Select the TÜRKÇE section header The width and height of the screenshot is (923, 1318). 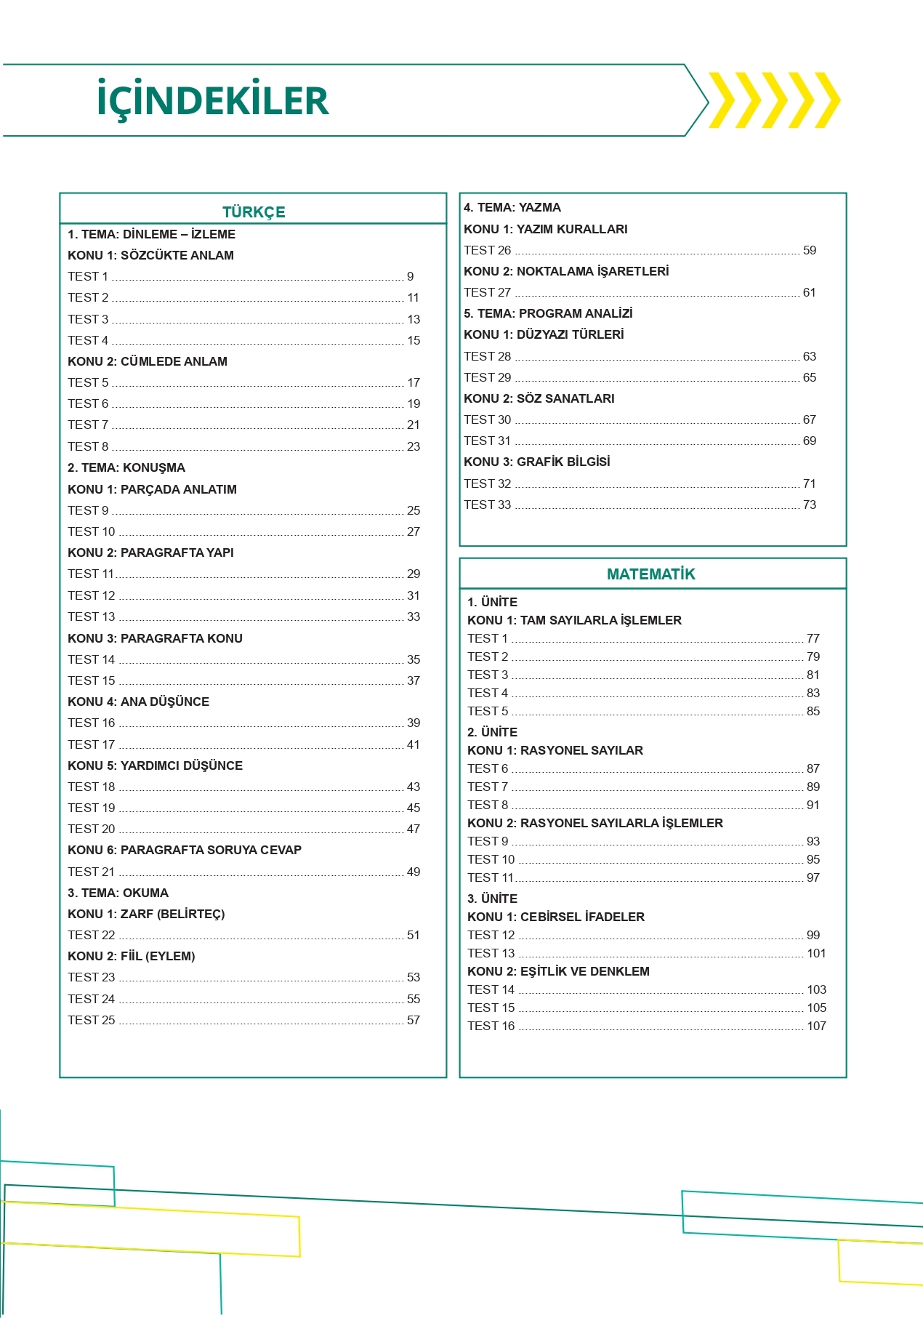254,212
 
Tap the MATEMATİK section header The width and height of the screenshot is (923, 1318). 650,574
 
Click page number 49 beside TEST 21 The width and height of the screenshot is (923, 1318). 414,872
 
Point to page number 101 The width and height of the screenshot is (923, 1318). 816,953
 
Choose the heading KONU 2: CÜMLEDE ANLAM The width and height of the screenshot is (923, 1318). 148,361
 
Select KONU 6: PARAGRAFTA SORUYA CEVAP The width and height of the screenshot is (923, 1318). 185,850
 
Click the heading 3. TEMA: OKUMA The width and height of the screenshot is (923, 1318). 118,893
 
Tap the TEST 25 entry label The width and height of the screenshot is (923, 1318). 92,1020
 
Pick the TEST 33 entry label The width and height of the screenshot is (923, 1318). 488,505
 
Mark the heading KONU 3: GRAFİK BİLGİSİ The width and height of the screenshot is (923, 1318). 537,462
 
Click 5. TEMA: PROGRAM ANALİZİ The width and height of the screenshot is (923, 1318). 548,313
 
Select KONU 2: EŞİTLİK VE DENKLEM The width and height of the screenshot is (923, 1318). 558,971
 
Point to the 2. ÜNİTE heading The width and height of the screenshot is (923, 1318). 492,732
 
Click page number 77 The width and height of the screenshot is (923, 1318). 813,638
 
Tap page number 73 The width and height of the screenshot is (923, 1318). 810,505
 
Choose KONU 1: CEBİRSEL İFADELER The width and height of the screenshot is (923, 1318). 556,917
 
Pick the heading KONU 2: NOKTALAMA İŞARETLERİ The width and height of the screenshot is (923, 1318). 566,271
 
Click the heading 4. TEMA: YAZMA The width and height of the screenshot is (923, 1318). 512,207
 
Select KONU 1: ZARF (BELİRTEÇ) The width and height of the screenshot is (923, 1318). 146,914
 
